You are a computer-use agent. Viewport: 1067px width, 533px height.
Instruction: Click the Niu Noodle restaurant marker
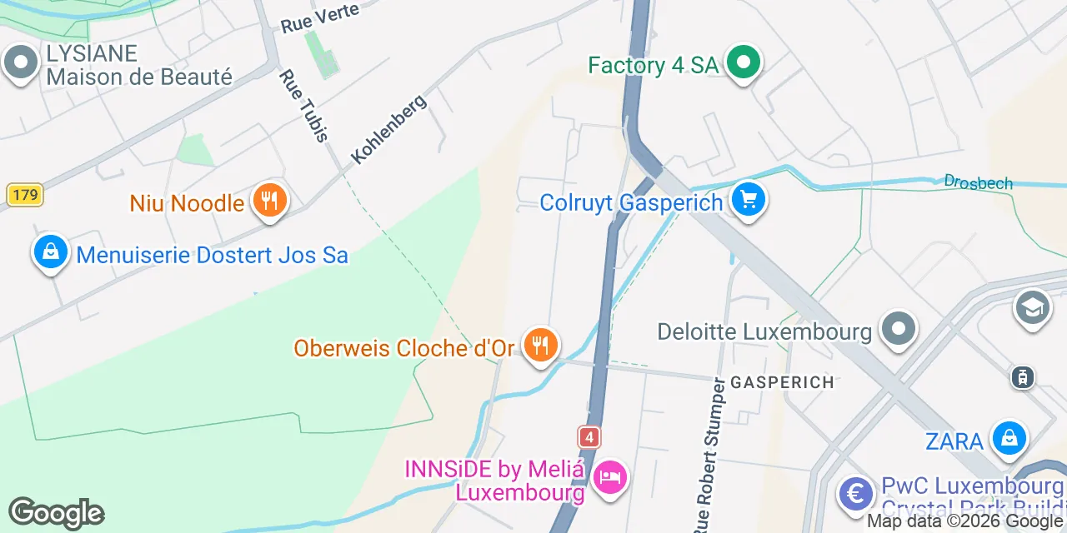click(x=268, y=201)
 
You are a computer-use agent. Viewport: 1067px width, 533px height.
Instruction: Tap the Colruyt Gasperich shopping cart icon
click(x=748, y=201)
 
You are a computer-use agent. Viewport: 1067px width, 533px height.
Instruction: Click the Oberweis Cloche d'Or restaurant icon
click(x=540, y=345)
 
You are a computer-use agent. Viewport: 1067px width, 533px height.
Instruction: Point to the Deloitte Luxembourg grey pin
click(x=898, y=329)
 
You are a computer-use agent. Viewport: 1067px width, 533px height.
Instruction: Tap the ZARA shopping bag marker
click(x=1009, y=438)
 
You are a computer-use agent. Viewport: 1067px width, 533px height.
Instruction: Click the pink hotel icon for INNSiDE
click(x=610, y=477)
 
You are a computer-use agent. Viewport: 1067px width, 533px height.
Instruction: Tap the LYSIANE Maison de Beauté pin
click(x=20, y=63)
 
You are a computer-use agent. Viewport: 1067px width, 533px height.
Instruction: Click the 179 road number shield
click(x=24, y=196)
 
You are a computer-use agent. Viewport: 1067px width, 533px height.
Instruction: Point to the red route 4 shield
click(x=589, y=437)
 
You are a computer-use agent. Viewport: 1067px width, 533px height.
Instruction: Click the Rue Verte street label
click(x=320, y=17)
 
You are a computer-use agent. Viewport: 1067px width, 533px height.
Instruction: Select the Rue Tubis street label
click(x=304, y=106)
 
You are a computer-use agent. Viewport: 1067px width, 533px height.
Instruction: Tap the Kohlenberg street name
click(x=388, y=128)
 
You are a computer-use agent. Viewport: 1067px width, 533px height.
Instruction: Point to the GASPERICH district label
click(x=782, y=382)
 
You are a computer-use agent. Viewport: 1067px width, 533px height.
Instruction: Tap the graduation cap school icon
click(x=1032, y=308)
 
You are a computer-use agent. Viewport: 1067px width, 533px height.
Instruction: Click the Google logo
click(x=56, y=513)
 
